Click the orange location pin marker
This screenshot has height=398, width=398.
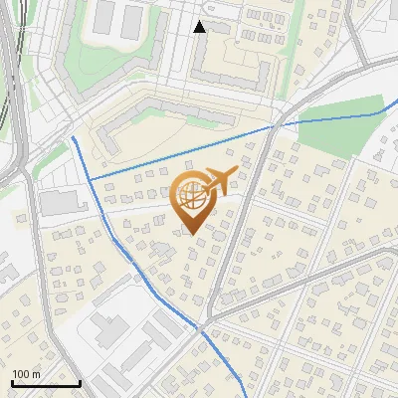[194, 199]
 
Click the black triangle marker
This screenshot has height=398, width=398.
[200, 27]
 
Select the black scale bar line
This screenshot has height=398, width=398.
[46, 382]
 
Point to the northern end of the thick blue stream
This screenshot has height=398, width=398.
[73, 136]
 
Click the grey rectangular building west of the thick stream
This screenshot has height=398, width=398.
[63, 203]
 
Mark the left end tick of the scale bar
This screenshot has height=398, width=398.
[12, 382]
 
